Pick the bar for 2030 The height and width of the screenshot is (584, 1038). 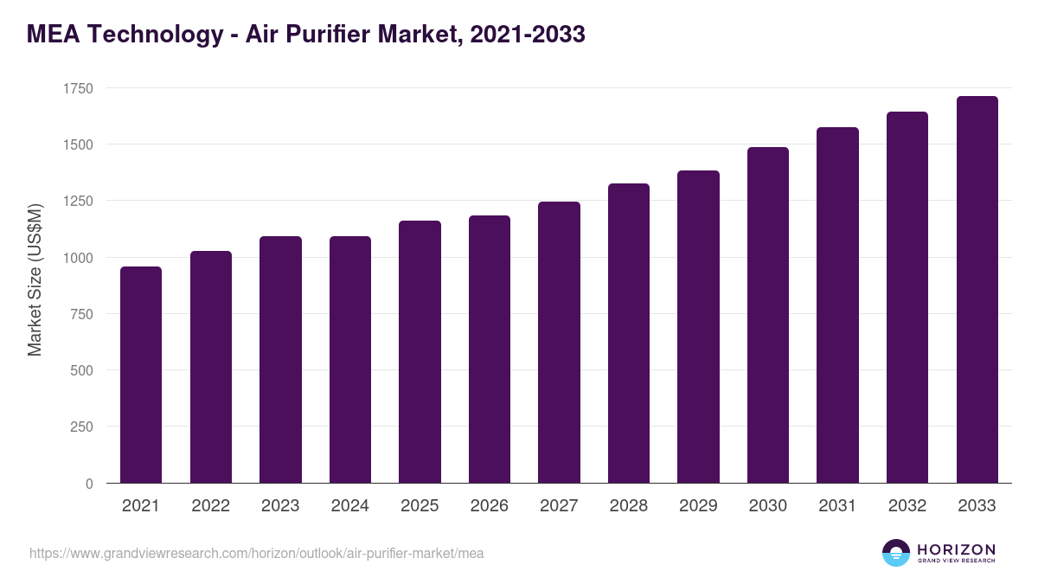click(768, 315)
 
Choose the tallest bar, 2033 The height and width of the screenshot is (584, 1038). click(977, 290)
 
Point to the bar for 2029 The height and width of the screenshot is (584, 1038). click(698, 327)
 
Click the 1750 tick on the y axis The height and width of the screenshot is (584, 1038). click(78, 88)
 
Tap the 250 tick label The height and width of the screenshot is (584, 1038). click(82, 427)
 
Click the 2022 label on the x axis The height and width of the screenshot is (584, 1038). click(211, 506)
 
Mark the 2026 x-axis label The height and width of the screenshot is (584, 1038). click(490, 506)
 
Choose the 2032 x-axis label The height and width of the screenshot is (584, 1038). click(907, 506)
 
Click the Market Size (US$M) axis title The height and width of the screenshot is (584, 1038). click(35, 279)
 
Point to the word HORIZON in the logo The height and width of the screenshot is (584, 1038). click(955, 549)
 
